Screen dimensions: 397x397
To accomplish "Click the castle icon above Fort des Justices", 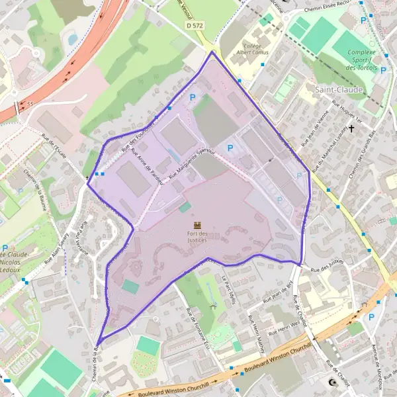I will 197,226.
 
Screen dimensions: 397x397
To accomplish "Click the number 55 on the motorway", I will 30,104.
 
